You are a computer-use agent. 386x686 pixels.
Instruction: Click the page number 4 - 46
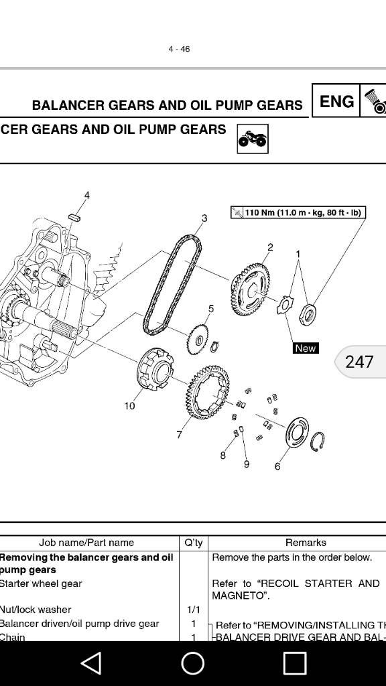tap(179, 49)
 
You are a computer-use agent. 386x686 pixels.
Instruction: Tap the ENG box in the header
tap(336, 101)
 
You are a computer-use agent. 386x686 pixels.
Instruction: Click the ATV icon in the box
tap(253, 139)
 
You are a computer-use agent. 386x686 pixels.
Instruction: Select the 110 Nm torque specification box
tap(298, 213)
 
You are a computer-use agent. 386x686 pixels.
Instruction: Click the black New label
tap(305, 348)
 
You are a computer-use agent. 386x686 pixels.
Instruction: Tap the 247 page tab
tap(360, 362)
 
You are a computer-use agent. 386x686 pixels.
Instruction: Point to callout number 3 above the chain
tap(204, 218)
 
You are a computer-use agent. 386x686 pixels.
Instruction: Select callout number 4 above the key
tap(86, 195)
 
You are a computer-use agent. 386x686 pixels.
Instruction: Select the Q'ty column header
tap(193, 543)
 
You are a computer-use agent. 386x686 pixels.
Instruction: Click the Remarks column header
tap(306, 543)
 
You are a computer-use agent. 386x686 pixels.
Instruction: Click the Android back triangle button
tap(91, 663)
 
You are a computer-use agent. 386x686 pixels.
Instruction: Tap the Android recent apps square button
tap(295, 663)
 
